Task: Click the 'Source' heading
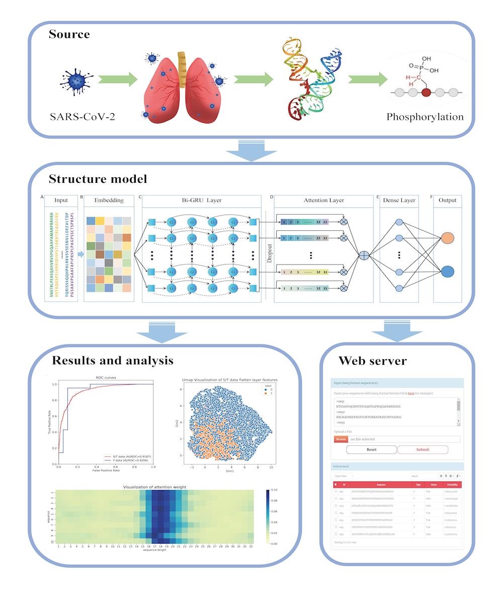point(69,35)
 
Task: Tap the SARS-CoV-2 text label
point(86,117)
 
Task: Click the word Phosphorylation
point(425,117)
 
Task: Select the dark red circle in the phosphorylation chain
point(427,93)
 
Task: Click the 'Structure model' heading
point(98,179)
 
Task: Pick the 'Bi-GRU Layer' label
point(202,201)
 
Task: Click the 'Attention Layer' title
point(323,201)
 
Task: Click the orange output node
point(447,238)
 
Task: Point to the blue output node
point(447,272)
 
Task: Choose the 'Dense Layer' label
point(399,201)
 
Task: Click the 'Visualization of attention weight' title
point(155,487)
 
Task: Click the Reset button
point(371,449)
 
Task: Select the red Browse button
point(341,439)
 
